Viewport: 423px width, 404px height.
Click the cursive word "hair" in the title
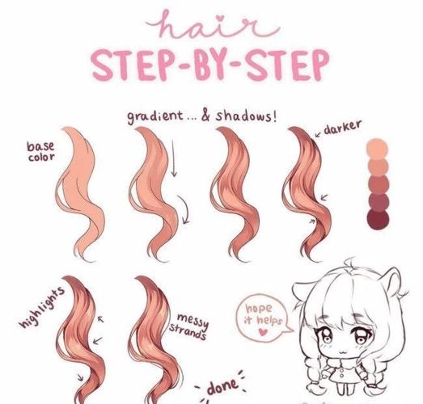214,25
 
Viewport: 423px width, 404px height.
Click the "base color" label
40,152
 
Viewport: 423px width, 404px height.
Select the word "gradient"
154,116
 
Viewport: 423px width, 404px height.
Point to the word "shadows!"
246,116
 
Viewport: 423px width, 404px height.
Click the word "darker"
342,127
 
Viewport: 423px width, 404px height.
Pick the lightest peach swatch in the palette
377,148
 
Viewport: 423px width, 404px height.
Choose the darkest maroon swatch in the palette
378,219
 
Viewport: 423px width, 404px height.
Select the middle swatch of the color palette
379,184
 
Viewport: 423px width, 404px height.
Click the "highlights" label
42,307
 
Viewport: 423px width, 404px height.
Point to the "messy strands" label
188,326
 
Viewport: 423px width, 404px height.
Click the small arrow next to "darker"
319,134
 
